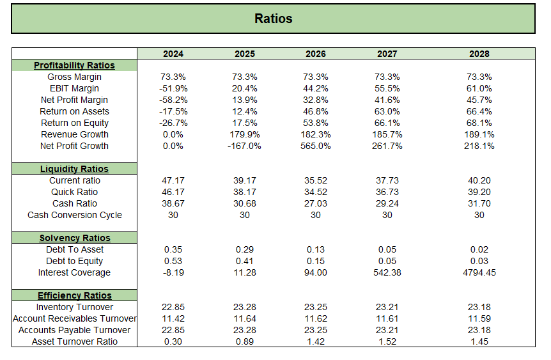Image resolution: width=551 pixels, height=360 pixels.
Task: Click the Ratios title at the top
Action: tap(273, 19)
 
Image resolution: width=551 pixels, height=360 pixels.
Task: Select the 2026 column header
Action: tap(316, 54)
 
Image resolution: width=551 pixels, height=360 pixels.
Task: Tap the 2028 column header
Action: tap(479, 54)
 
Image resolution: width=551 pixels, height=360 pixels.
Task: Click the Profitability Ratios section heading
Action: tap(74, 65)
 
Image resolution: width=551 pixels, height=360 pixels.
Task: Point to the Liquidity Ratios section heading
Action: tap(74, 169)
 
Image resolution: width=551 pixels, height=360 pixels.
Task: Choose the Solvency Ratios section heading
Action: tap(74, 238)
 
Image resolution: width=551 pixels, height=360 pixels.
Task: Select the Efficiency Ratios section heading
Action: tap(74, 295)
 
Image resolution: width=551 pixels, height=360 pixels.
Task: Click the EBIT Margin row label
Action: tap(74, 88)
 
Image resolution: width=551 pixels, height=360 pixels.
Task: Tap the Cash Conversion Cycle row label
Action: tap(74, 215)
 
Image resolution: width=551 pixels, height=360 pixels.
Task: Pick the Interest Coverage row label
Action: tap(74, 272)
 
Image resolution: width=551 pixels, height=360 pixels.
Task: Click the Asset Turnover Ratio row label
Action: tap(74, 341)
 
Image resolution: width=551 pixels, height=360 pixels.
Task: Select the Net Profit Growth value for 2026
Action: tap(316, 146)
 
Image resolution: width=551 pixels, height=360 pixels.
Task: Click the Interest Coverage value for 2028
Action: tap(479, 272)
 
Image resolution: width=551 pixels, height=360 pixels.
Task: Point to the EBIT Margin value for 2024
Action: tap(173, 88)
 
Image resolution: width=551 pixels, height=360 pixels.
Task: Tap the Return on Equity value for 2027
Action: tap(387, 123)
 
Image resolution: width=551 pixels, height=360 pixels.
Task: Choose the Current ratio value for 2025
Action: tap(245, 180)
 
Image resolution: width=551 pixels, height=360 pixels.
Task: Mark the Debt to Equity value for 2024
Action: tap(173, 261)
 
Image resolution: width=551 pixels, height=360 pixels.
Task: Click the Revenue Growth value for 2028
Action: tap(479, 134)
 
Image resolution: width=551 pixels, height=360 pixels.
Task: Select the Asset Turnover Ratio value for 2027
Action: tap(387, 341)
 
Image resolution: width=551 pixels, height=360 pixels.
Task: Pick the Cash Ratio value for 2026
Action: tap(316, 203)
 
